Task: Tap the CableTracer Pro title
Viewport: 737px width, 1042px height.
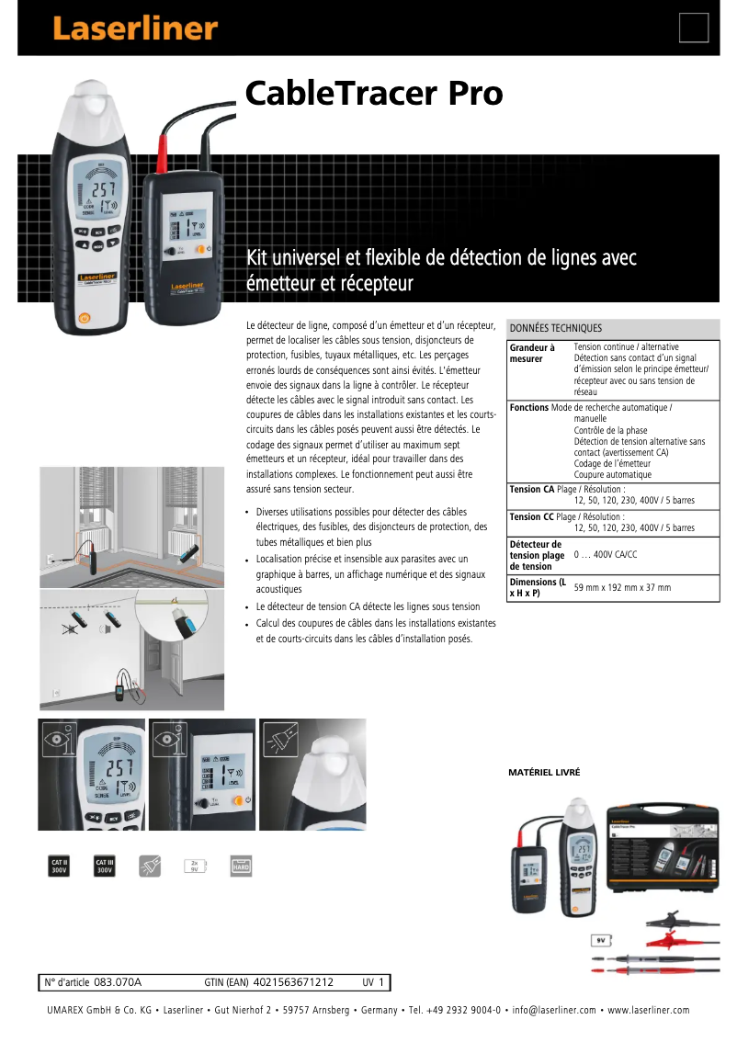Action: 373,93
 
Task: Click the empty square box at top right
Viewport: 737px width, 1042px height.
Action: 694,28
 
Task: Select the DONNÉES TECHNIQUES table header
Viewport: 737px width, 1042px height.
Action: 556,328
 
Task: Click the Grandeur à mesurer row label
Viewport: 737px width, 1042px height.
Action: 532,353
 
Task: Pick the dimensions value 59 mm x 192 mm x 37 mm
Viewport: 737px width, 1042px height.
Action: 622,587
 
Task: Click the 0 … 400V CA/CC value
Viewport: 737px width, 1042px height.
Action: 605,555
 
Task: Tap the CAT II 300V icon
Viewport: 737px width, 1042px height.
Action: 60,865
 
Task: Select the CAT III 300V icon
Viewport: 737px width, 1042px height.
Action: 105,865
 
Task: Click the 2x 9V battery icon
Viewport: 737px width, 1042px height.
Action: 195,865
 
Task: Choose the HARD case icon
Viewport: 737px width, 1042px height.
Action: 241,865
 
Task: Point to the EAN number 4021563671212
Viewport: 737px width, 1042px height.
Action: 293,982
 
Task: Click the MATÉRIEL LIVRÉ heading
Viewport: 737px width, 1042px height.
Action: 544,773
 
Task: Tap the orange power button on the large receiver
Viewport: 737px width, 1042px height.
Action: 84,318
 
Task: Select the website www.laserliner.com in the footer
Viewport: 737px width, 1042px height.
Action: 648,1011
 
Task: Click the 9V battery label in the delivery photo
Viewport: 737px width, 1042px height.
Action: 601,941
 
